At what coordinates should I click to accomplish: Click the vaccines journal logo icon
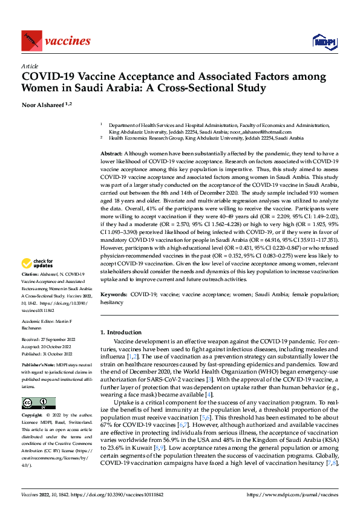30,41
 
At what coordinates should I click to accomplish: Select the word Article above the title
30,65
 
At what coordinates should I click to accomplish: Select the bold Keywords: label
114,293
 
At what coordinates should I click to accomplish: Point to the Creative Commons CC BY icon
38,386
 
